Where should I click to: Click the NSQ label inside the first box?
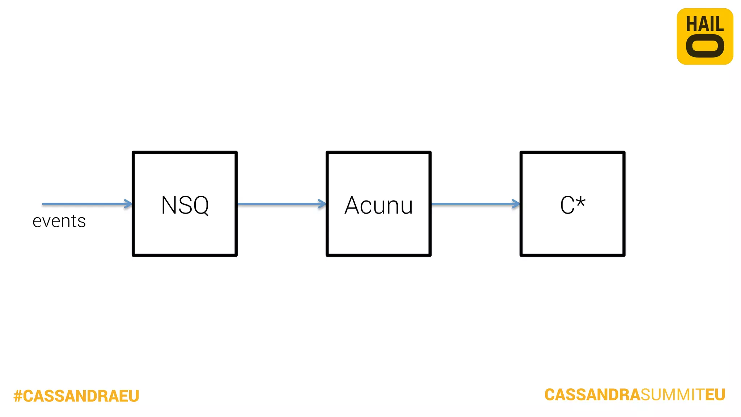click(185, 205)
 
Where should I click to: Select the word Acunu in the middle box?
click(378, 205)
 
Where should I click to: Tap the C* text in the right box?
click(572, 205)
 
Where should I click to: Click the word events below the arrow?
click(59, 221)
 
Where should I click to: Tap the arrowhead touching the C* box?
click(516, 204)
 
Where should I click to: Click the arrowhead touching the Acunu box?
click(322, 204)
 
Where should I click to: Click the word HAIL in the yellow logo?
click(705, 25)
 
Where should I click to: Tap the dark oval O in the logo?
click(705, 46)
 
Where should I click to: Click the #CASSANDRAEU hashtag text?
click(76, 396)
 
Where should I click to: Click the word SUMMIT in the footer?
click(672, 395)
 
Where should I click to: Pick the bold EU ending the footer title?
click(715, 395)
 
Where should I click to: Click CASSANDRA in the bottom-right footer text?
click(592, 395)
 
